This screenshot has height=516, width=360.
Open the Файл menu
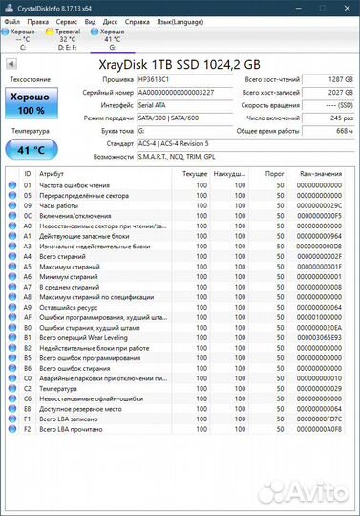(x=13, y=19)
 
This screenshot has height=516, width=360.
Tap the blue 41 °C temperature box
(x=32, y=149)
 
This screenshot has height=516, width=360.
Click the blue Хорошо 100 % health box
(x=32, y=102)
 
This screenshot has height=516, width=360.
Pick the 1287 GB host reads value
(x=324, y=80)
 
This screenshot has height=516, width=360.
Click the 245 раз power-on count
(x=324, y=118)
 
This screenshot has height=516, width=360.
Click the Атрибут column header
(x=53, y=173)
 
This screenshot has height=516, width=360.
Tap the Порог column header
(x=275, y=173)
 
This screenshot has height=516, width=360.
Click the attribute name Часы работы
(x=60, y=205)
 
